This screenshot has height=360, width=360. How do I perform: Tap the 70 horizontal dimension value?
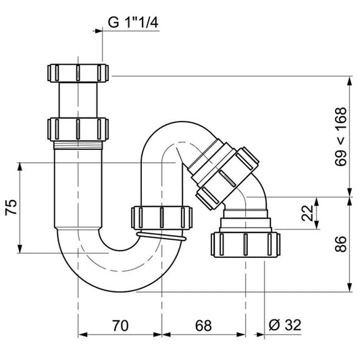120,326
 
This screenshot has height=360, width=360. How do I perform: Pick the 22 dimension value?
308,214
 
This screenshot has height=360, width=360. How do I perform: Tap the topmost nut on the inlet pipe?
79,72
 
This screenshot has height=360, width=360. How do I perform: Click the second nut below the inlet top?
79,128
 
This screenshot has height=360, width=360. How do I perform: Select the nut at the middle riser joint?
162,217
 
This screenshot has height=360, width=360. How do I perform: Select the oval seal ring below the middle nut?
162,236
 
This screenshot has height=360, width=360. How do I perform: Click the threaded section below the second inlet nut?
79,143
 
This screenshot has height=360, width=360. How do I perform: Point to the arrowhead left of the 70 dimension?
82,334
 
